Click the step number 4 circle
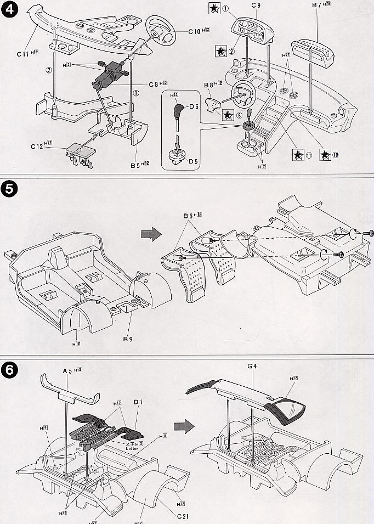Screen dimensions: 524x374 coord(10,10)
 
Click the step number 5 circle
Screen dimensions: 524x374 coord(10,189)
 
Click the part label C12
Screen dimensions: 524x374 coord(36,147)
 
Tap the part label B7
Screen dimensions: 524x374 coord(318,5)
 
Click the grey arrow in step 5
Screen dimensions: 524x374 coord(150,233)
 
